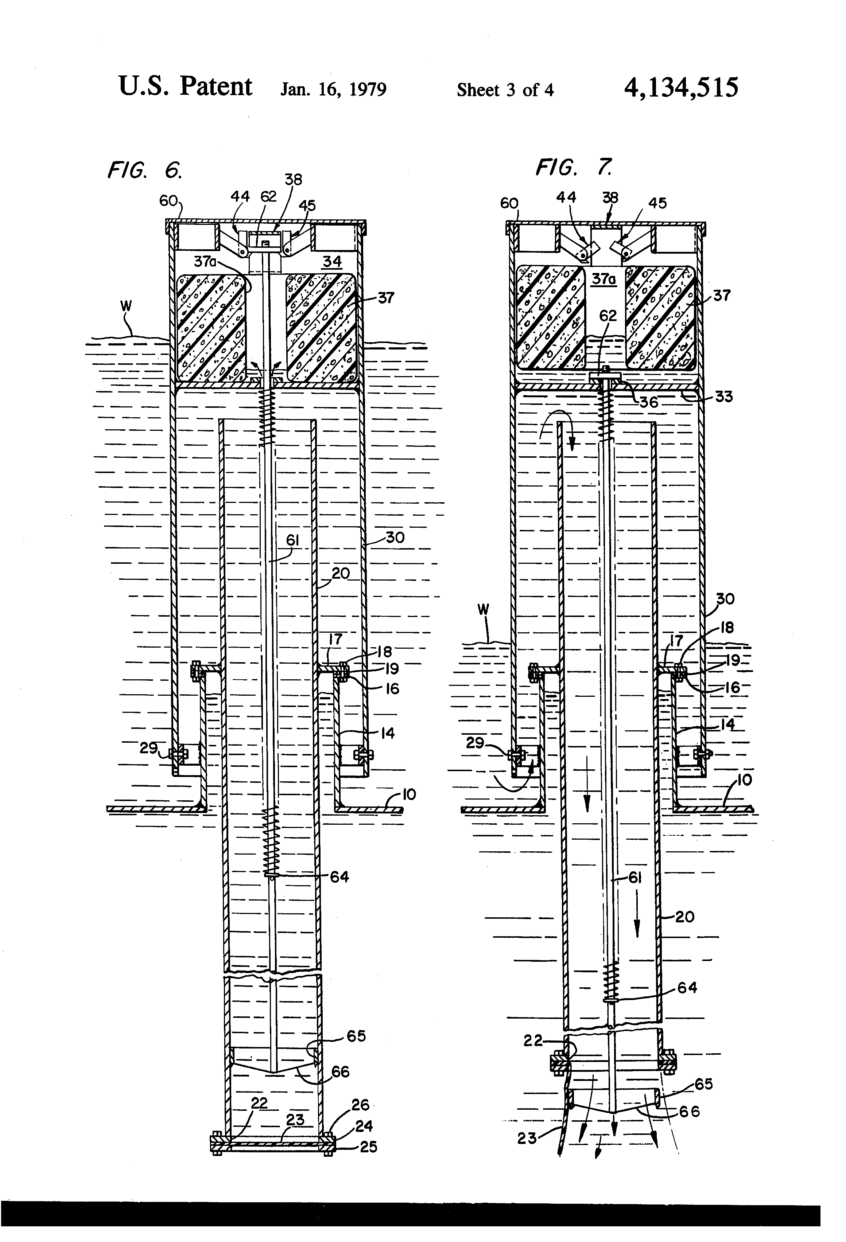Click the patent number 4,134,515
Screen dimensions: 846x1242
[681, 87]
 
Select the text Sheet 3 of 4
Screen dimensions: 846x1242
[505, 90]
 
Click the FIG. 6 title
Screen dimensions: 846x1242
[145, 171]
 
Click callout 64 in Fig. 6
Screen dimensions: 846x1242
[339, 876]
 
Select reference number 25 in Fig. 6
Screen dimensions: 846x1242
[368, 1147]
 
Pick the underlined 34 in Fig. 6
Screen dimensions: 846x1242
[331, 262]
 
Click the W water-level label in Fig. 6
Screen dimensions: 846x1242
[126, 306]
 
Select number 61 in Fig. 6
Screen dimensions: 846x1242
[292, 540]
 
